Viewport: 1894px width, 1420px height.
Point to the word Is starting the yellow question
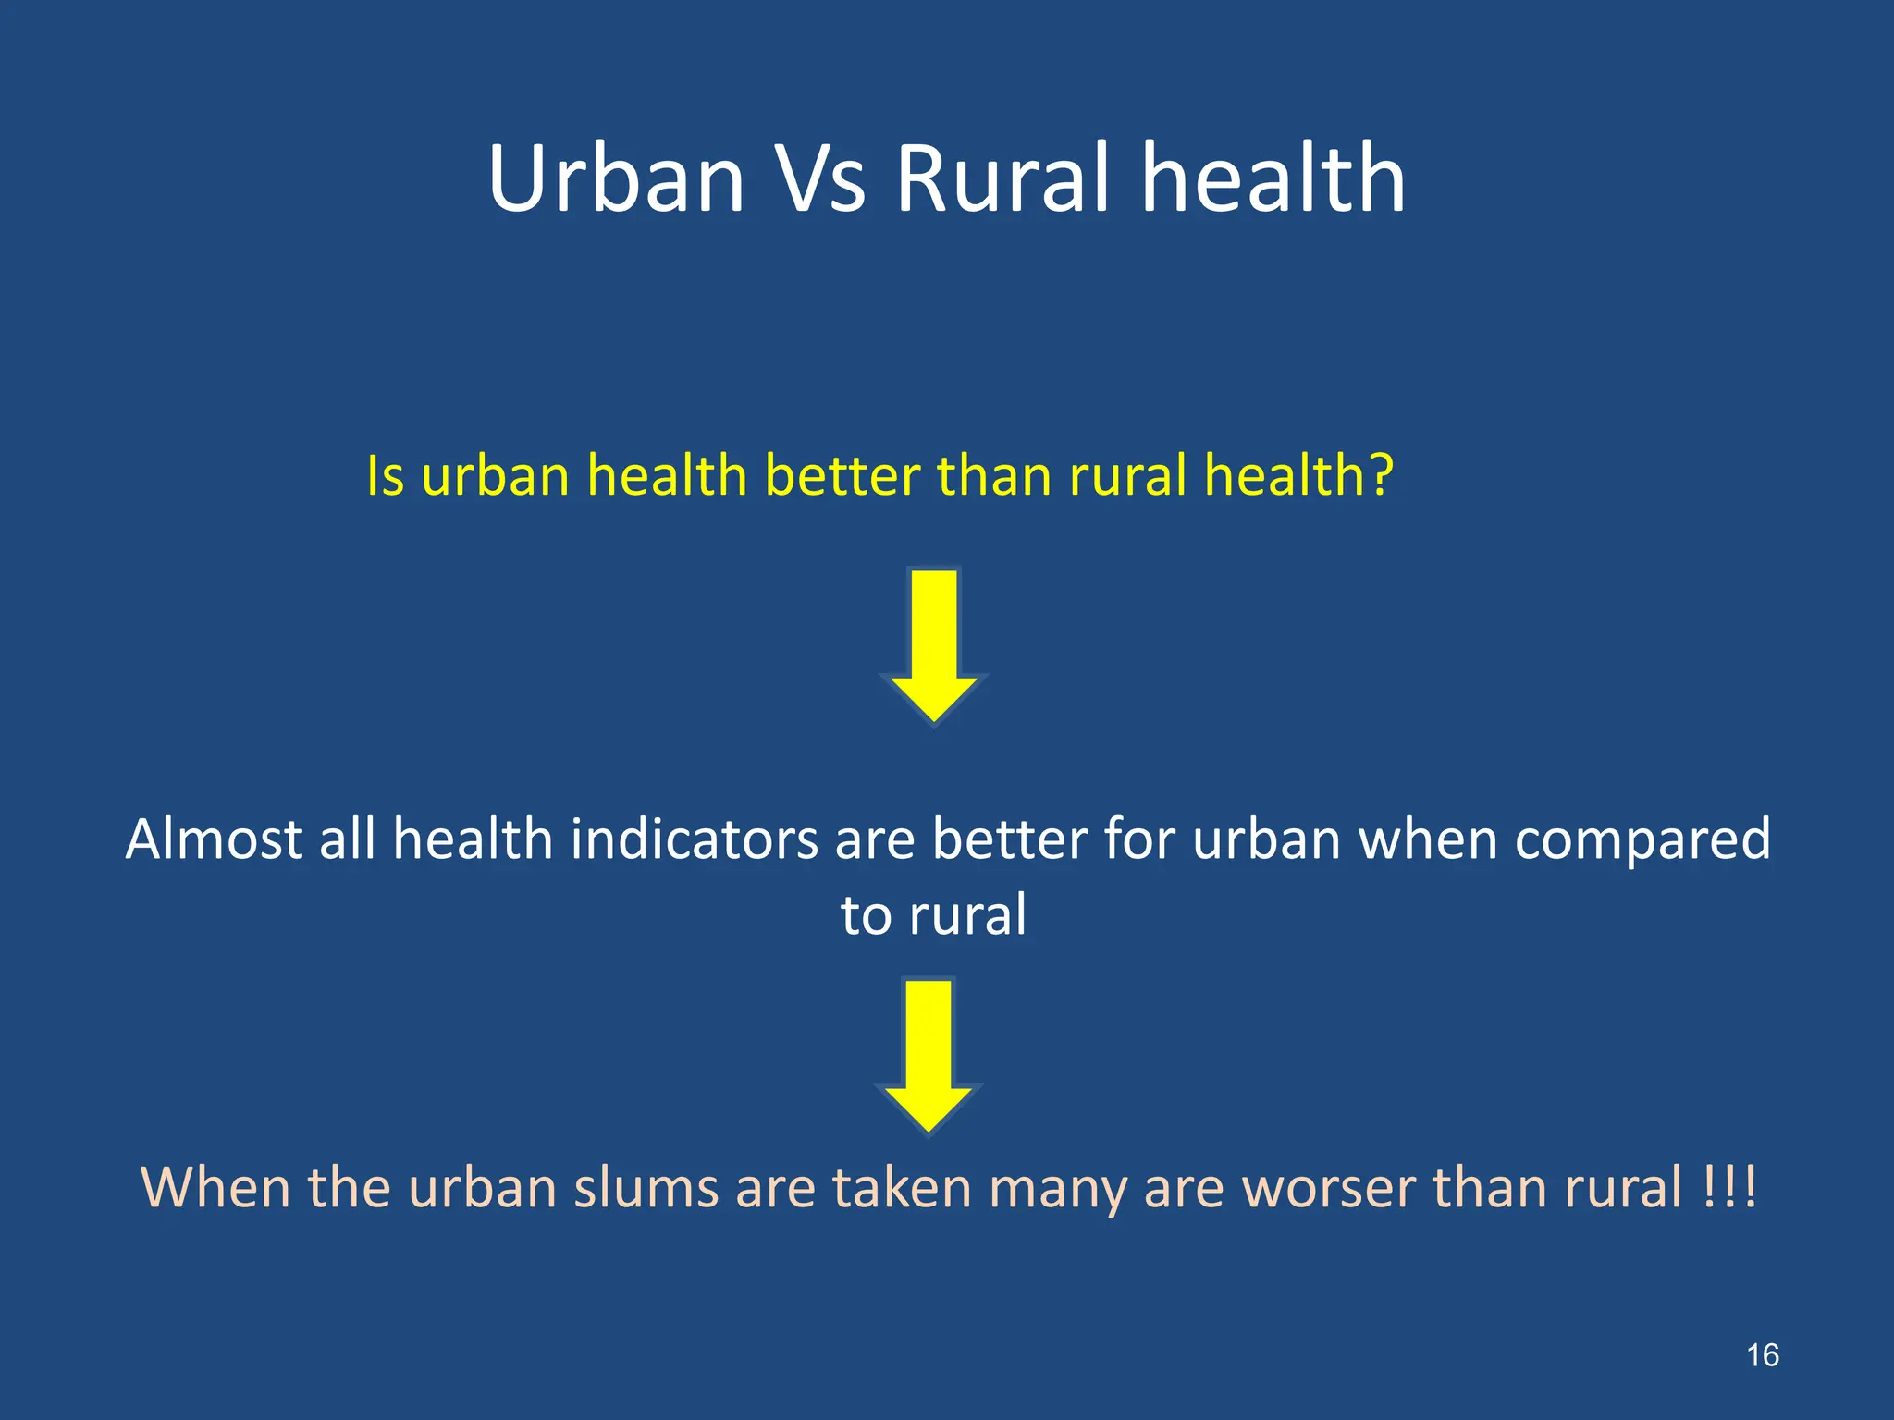(385, 476)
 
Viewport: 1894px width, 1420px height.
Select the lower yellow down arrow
(929, 1055)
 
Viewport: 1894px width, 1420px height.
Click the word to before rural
(867, 915)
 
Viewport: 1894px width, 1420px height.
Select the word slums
(646, 1187)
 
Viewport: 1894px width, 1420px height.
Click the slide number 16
(1763, 1355)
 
